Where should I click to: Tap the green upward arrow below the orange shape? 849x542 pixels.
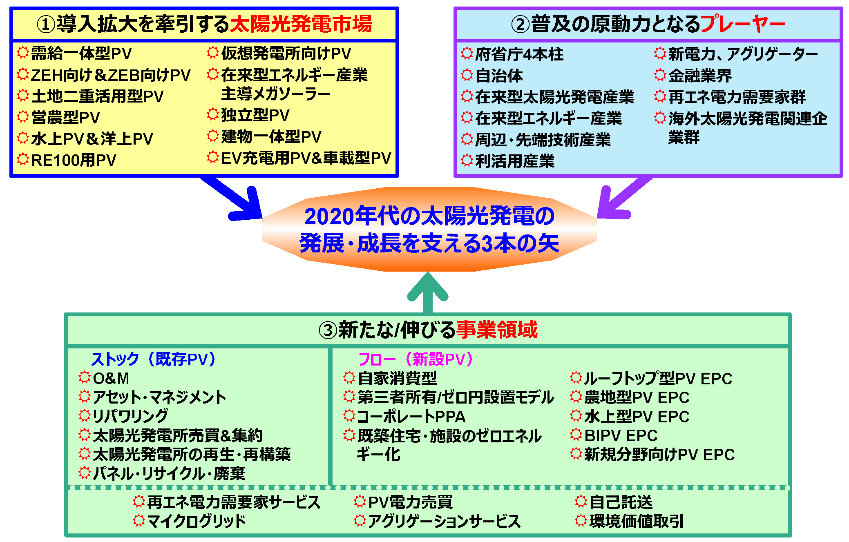[x=428, y=292]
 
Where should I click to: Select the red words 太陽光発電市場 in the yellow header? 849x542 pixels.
[x=301, y=24]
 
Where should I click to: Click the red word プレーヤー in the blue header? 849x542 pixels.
[x=743, y=24]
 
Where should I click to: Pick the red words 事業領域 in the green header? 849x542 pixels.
[x=497, y=330]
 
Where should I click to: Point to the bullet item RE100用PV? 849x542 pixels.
[x=67, y=160]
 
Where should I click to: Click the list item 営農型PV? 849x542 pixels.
[x=58, y=118]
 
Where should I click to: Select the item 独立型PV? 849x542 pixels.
[x=248, y=115]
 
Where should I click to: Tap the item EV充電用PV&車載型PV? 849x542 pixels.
[x=299, y=158]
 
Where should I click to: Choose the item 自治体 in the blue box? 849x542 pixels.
[x=492, y=76]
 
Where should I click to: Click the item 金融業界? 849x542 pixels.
[x=693, y=76]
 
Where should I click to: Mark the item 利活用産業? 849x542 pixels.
[x=508, y=161]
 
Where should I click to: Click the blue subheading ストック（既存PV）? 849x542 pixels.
[x=153, y=359]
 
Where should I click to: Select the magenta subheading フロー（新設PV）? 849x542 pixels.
[x=415, y=359]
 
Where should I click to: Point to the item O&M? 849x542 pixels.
[x=104, y=378]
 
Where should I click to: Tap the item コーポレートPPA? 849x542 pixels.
[x=404, y=417]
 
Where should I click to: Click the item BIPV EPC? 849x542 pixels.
[x=614, y=435]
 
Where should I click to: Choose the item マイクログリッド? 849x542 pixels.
[x=190, y=521]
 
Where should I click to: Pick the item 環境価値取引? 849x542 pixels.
[x=629, y=521]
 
